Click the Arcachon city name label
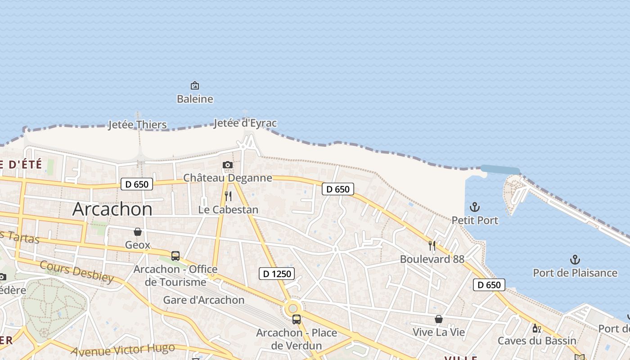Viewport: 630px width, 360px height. click(x=112, y=209)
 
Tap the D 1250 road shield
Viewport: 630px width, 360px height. click(x=277, y=273)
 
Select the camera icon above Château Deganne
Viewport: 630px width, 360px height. click(x=228, y=165)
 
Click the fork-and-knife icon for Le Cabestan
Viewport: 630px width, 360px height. click(x=228, y=196)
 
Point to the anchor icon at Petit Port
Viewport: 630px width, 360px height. click(x=474, y=207)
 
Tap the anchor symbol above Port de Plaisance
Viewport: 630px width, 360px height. click(x=575, y=259)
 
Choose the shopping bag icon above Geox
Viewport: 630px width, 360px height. click(x=138, y=232)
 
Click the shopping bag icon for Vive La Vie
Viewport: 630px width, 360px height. click(x=438, y=319)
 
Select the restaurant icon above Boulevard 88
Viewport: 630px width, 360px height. click(x=432, y=245)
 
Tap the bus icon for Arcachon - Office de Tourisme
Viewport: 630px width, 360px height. click(x=175, y=256)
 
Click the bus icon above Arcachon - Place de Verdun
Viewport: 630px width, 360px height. click(x=296, y=319)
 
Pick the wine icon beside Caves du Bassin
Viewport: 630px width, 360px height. click(x=536, y=328)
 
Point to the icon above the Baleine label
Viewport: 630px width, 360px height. click(x=195, y=85)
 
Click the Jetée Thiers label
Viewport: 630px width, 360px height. click(x=137, y=125)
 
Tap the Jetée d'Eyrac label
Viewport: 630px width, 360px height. click(x=245, y=123)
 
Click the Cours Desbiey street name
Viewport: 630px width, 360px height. click(x=76, y=271)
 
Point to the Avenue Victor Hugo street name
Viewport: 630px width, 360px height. click(x=123, y=349)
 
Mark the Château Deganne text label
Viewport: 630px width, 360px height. click(x=227, y=178)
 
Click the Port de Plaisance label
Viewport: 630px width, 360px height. click(x=575, y=273)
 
